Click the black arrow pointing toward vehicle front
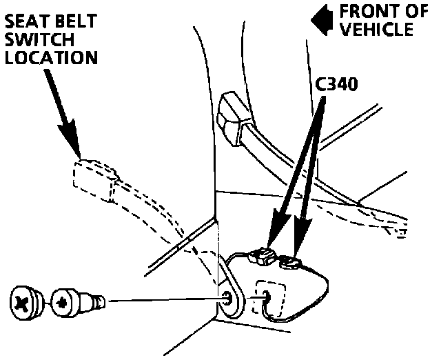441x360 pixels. pyautogui.click(x=318, y=21)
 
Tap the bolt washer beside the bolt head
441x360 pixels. pyautogui.click(x=64, y=301)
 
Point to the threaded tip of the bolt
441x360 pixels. pyautogui.click(x=99, y=301)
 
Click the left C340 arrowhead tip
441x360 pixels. pyautogui.click(x=271, y=243)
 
